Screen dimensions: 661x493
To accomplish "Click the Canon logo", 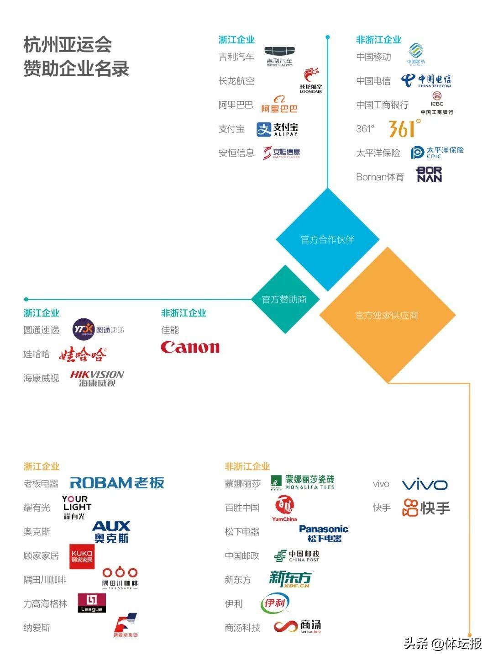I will point(190,347).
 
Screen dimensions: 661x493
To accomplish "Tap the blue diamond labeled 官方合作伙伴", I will point(327,239).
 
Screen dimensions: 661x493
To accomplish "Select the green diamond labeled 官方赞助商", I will point(284,299).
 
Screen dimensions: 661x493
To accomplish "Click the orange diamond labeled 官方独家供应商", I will point(387,315).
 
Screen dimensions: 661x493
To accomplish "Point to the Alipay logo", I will point(277,129).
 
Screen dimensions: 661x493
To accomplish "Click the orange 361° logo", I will point(404,128).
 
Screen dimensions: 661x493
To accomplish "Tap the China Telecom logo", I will point(426,81).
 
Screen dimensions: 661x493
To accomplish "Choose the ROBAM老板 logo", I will point(117,483).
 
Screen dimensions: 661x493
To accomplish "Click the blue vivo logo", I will point(425,485).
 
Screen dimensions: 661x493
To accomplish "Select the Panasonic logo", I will point(324,533).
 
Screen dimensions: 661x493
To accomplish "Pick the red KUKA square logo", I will point(82,556).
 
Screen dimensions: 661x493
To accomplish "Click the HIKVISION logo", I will point(97,378).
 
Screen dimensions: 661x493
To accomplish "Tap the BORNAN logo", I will point(429,175).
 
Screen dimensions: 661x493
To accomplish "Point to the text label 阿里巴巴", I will point(236,105).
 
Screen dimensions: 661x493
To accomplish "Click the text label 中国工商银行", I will point(382,105).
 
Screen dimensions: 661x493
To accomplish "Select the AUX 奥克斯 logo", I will point(111,532).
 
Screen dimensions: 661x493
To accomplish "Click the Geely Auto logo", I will point(280,57).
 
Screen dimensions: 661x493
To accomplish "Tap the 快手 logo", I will point(426,508).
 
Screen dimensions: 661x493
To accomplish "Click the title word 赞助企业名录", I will point(76,69).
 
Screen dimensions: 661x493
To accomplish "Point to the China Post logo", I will point(296,555).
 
